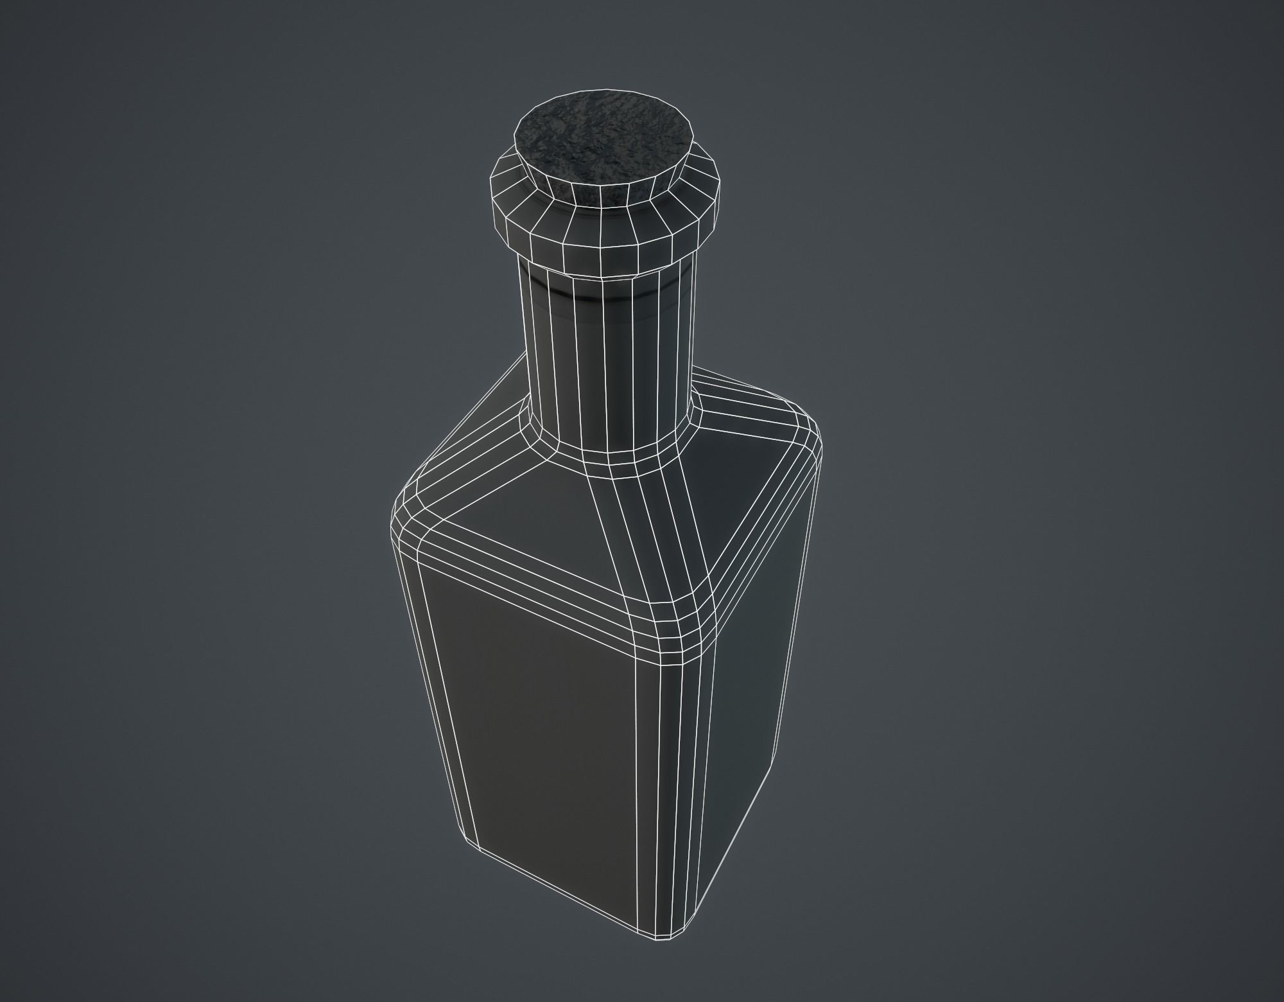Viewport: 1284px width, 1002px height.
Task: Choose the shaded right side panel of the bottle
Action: [751, 642]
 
